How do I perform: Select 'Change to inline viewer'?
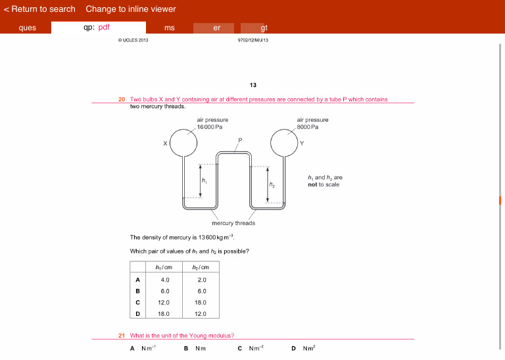click(x=130, y=9)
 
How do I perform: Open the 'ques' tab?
click(x=27, y=28)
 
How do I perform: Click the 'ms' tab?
click(x=170, y=28)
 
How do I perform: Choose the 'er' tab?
click(x=217, y=28)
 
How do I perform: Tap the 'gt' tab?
click(x=264, y=28)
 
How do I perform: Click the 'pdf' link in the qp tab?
click(x=104, y=28)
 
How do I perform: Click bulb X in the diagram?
click(x=184, y=143)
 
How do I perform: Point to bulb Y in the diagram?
click(x=284, y=143)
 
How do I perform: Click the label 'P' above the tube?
click(x=240, y=140)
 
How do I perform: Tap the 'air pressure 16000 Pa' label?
click(x=212, y=123)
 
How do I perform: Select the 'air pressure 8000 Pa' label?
click(x=312, y=123)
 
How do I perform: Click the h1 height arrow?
click(x=201, y=180)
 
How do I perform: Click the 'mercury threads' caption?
click(x=233, y=223)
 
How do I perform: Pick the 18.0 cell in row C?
click(x=201, y=302)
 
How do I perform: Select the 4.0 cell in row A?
click(x=165, y=280)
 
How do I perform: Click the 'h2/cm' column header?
click(x=201, y=267)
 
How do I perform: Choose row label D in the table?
click(x=137, y=313)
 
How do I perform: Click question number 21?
click(x=122, y=336)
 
